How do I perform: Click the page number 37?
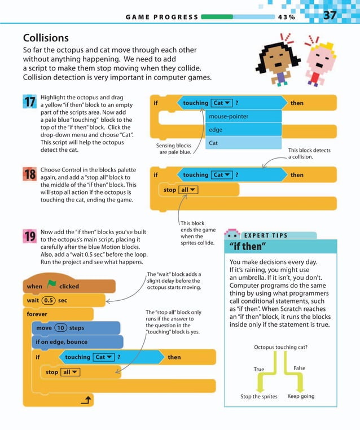[330, 15]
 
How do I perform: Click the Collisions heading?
[46, 38]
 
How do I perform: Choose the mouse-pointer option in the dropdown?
[229, 116]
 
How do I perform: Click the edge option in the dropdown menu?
[215, 130]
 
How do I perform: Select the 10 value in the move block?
[60, 328]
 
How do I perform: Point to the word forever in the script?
[37, 314]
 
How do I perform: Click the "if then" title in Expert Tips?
[248, 247]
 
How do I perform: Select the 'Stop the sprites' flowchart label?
[259, 397]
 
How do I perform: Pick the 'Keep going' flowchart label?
[301, 396]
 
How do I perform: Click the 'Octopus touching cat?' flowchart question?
[280, 347]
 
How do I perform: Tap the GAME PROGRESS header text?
[162, 17]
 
